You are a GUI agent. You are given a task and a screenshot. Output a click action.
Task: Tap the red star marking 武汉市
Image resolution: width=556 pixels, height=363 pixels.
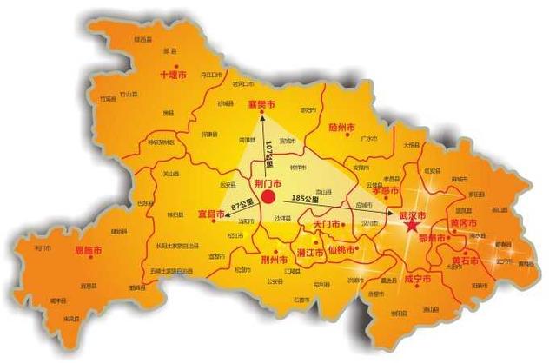click(x=410, y=227)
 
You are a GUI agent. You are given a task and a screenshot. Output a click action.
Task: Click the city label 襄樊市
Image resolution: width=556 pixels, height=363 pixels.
click(x=261, y=104)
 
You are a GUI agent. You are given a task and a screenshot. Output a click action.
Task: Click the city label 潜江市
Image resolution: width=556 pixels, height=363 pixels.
click(x=310, y=253)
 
